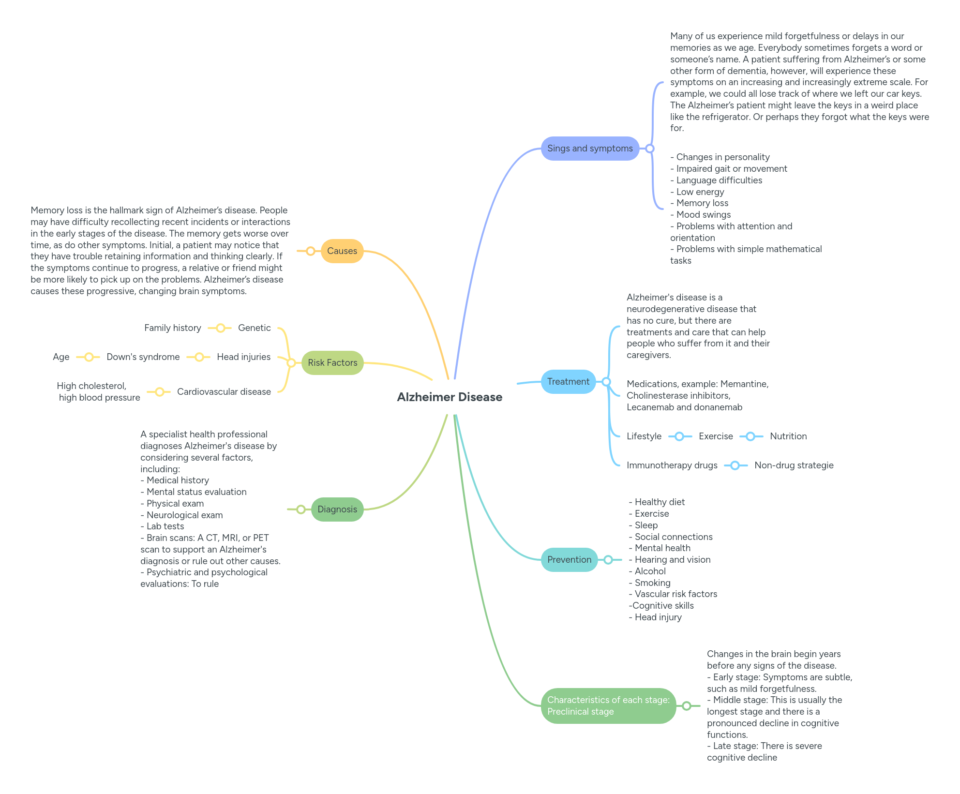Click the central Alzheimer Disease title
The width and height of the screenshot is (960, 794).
[x=450, y=397]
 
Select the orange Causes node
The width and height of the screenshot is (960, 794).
[x=342, y=251]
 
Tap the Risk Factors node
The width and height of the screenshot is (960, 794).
[x=332, y=363]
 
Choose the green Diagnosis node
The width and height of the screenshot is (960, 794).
[x=337, y=509]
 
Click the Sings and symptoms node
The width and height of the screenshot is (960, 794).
[x=589, y=149]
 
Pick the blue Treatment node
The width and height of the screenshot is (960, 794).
[x=568, y=382]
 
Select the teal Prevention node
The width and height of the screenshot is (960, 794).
[x=569, y=560]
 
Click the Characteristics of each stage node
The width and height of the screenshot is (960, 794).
[x=608, y=706]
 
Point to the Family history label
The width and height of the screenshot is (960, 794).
[x=172, y=328]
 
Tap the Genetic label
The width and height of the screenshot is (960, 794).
[x=254, y=328]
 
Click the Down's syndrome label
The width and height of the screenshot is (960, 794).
[x=143, y=357]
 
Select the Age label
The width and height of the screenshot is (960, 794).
[x=61, y=357]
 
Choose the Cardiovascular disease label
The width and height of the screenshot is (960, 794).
[x=224, y=392]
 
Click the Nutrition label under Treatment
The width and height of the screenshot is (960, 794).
[x=788, y=436]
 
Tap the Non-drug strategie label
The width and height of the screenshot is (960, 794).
[x=794, y=465]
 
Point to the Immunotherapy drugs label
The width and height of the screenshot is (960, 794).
[x=672, y=465]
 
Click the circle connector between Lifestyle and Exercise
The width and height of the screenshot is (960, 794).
[x=679, y=436]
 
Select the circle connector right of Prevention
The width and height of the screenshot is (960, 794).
[x=608, y=560]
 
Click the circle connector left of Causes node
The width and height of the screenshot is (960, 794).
[x=311, y=251]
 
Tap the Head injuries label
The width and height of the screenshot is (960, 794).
[x=243, y=357]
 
